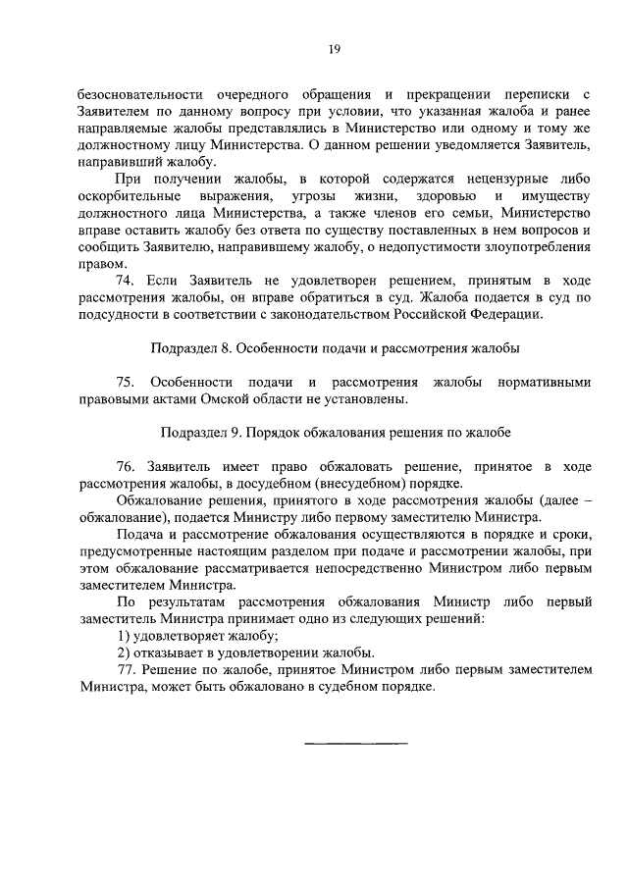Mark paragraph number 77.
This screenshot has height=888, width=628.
coord(127,670)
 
